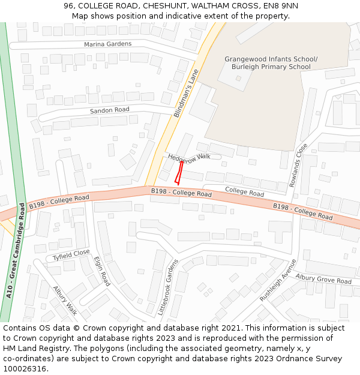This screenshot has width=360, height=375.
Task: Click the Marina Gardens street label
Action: click(x=107, y=44)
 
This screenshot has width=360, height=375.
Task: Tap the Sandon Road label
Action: click(x=109, y=110)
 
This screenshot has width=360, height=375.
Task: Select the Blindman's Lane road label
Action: click(x=186, y=92)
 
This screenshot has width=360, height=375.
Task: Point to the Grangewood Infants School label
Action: click(x=271, y=59)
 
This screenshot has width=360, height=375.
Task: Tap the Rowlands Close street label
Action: click(x=298, y=164)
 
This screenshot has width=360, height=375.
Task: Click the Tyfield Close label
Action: click(x=71, y=255)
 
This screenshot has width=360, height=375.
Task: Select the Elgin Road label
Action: click(x=102, y=271)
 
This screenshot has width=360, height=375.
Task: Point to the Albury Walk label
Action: click(x=65, y=300)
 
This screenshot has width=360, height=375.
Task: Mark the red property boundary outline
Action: click(x=178, y=172)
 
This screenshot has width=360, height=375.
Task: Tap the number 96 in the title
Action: click(x=69, y=6)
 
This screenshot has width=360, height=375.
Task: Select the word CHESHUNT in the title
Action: click(x=163, y=6)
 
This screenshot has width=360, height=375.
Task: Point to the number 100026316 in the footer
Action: click(x=23, y=368)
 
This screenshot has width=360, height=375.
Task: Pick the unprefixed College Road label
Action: click(x=244, y=192)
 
